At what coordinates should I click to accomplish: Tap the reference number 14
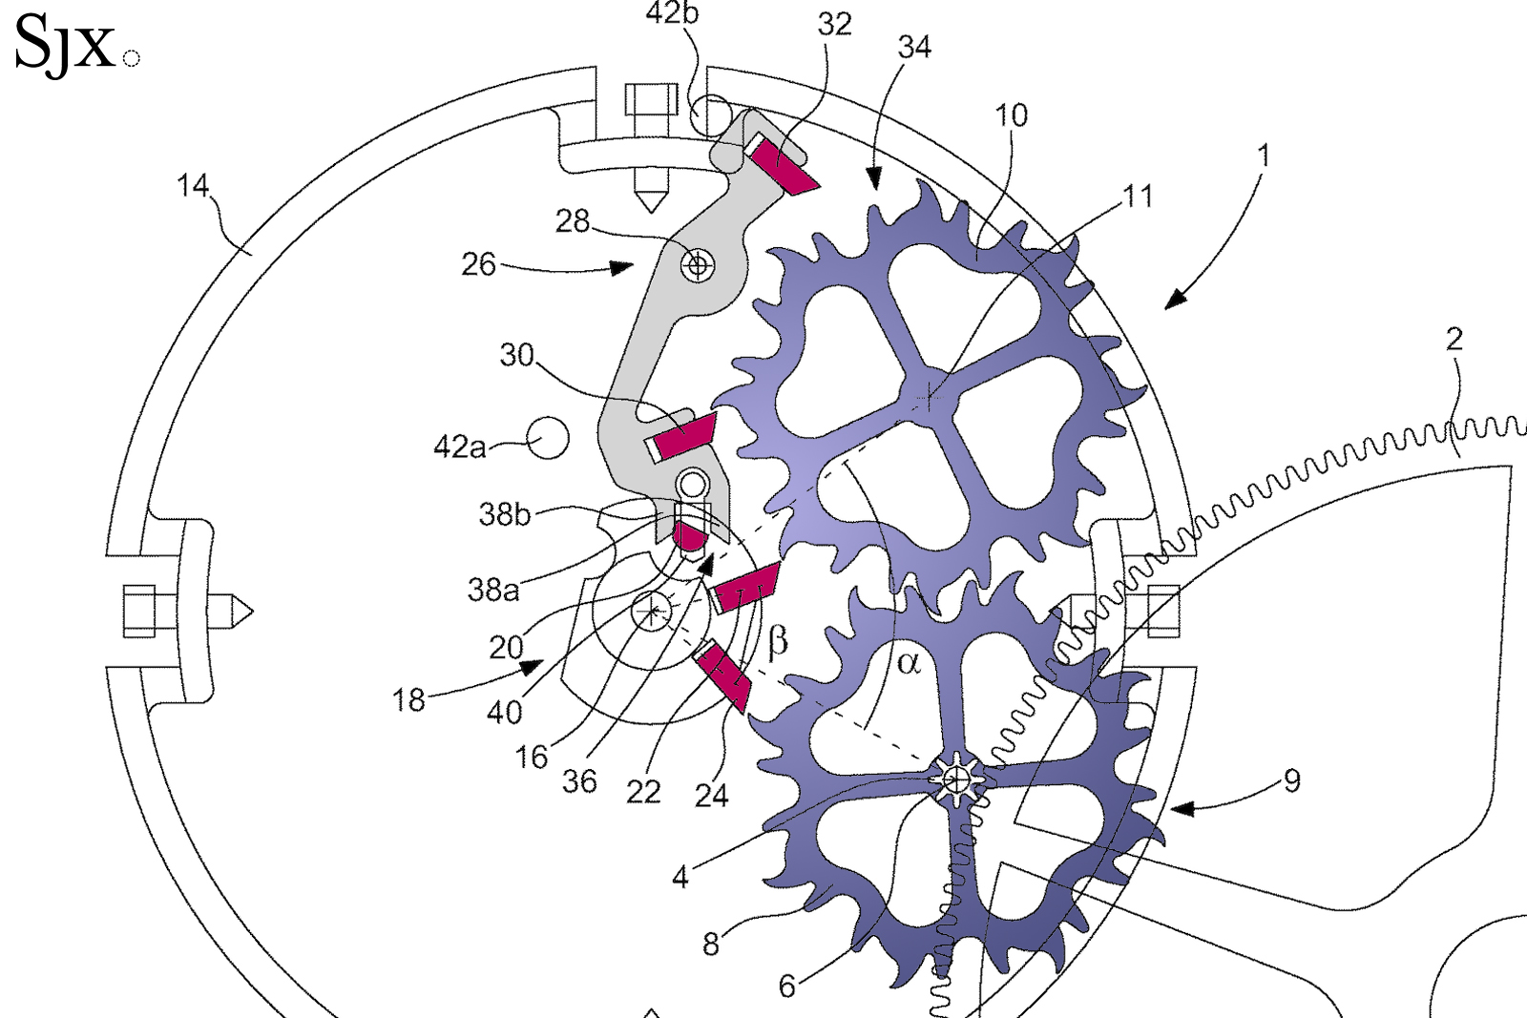[193, 185]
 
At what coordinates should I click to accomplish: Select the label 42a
[459, 447]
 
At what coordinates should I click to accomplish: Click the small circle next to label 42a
[549, 438]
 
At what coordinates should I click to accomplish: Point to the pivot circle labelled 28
[698, 264]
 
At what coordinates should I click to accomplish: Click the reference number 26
[478, 264]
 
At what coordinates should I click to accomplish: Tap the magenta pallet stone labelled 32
[784, 167]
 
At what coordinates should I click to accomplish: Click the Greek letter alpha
[908, 663]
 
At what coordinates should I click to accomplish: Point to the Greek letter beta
[778, 642]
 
